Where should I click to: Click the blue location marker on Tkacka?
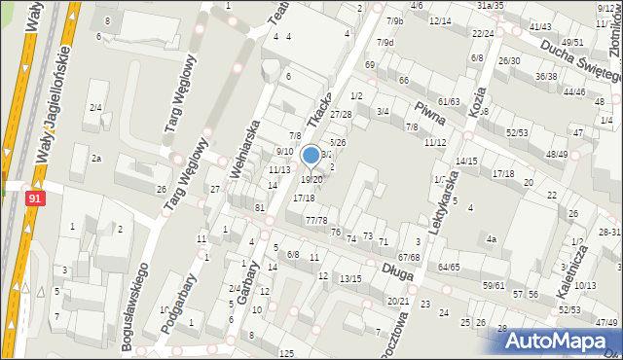(311, 155)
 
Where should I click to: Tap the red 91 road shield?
(35, 198)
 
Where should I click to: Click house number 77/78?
(316, 221)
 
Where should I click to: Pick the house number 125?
(286, 351)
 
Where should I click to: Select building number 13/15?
(350, 279)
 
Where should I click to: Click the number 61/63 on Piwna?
(449, 101)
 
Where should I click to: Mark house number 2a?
(95, 159)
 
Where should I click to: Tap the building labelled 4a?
(492, 238)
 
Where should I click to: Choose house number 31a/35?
(490, 5)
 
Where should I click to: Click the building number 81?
(260, 208)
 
